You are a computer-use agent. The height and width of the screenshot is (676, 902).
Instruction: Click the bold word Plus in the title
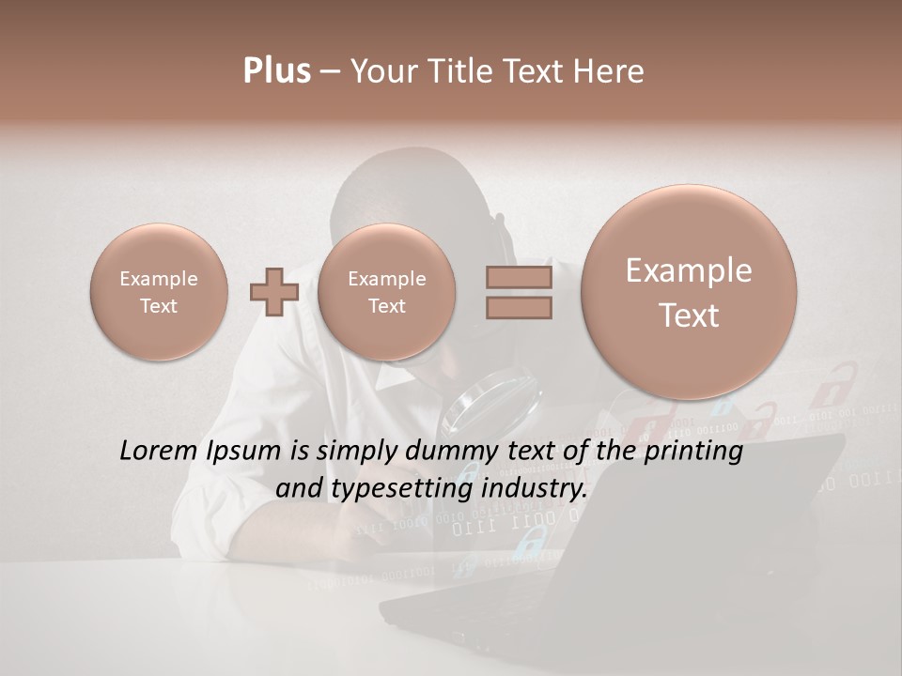click(276, 71)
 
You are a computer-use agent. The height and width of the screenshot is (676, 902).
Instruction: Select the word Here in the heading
click(612, 71)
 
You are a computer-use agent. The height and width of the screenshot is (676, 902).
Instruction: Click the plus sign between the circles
click(273, 291)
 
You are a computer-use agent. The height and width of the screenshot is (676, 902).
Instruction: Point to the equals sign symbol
click(518, 291)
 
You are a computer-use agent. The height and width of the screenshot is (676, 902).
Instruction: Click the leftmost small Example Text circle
click(159, 291)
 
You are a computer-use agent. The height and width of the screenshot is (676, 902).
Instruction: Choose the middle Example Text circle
click(386, 291)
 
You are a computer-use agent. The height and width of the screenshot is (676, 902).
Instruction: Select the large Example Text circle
click(689, 291)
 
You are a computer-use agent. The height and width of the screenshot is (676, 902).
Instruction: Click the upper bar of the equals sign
click(518, 277)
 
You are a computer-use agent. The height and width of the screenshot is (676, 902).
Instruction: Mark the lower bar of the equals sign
click(518, 307)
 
